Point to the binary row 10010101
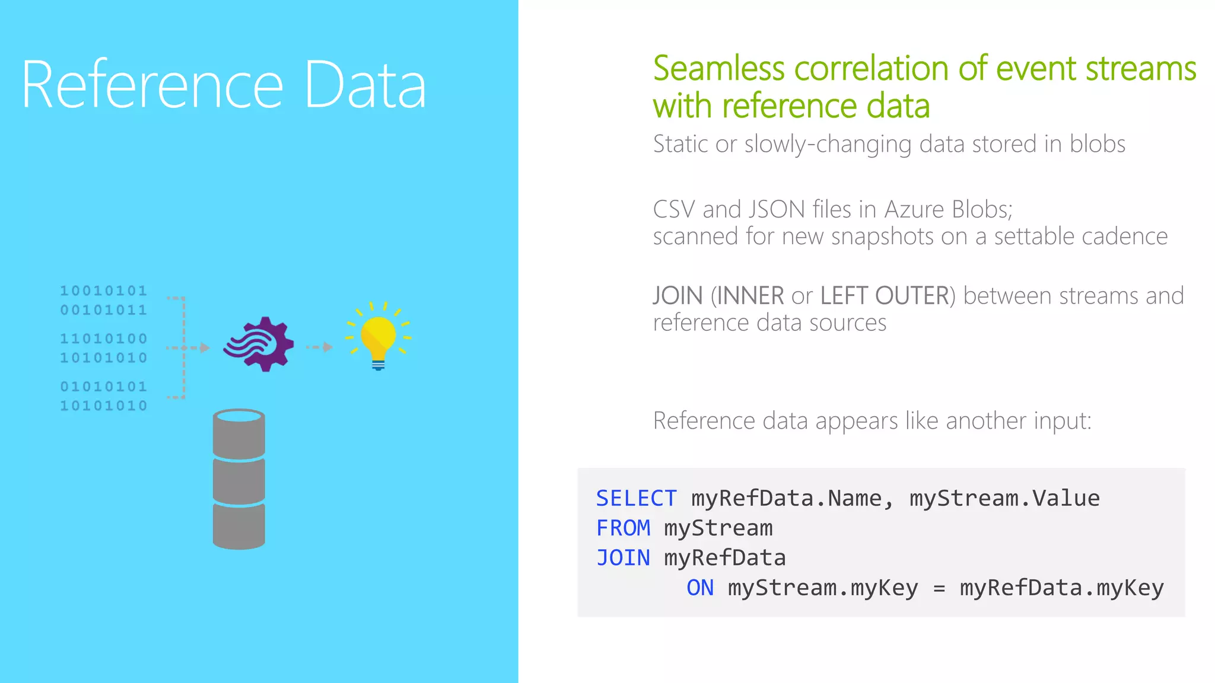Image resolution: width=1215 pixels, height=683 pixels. point(103,291)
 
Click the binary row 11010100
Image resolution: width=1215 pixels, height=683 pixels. point(103,339)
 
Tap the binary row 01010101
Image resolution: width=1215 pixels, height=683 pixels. point(103,387)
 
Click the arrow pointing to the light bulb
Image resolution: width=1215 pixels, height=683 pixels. point(320,347)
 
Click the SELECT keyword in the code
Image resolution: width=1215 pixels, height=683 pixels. point(636,499)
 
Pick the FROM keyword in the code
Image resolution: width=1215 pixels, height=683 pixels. point(623,528)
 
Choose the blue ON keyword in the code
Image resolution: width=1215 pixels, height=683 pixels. point(700,588)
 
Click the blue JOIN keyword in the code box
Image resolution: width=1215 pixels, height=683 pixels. point(623,558)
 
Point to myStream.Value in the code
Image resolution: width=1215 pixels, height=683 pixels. point(1004,499)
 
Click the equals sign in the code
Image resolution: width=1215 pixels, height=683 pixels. point(939,588)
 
